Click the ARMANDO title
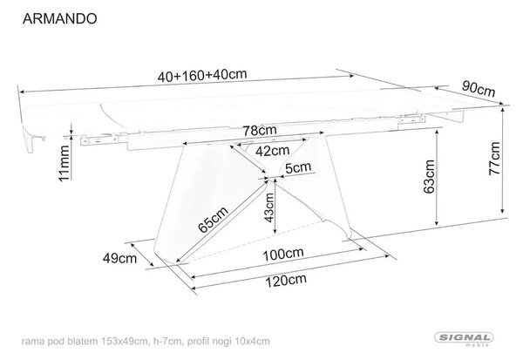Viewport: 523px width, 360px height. [x=59, y=18]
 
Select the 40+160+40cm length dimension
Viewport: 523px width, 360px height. [x=202, y=75]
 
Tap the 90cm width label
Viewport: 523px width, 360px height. [x=479, y=88]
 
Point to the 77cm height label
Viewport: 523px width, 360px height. [x=494, y=158]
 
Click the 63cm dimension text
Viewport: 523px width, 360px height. [x=429, y=176]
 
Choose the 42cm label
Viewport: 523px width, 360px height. [x=273, y=151]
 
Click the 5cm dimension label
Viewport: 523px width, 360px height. [x=298, y=167]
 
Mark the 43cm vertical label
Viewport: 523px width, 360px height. [x=268, y=207]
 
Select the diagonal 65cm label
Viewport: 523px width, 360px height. [x=214, y=219]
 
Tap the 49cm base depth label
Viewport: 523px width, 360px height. [x=119, y=258]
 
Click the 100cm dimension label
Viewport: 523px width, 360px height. [x=283, y=255]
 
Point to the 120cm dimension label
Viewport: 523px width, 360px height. [x=286, y=280]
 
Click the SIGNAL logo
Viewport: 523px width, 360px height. [x=464, y=338]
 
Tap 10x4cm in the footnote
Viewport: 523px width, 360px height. [x=252, y=342]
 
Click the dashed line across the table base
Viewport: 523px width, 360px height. [x=253, y=239]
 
